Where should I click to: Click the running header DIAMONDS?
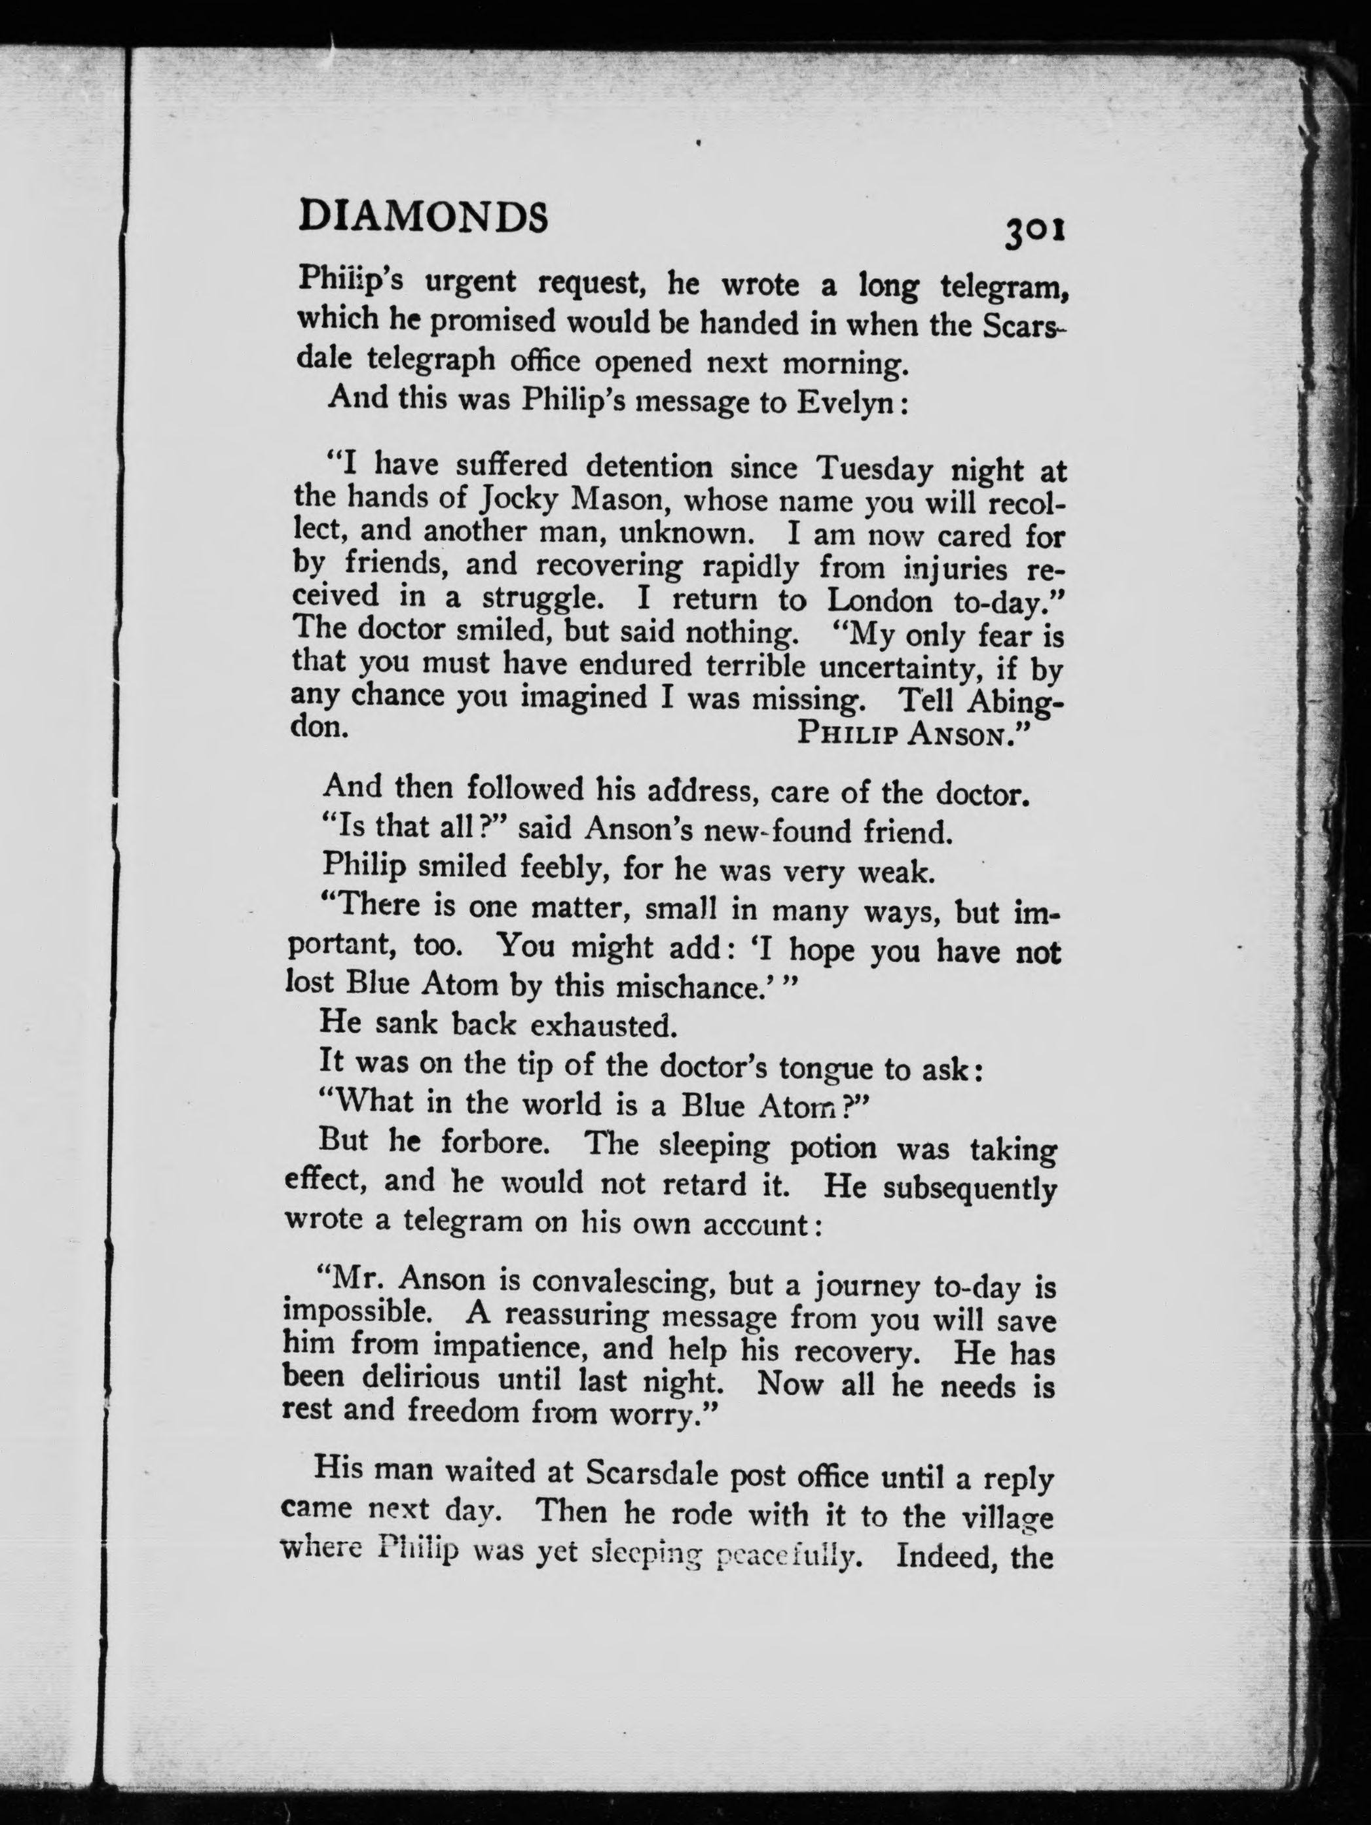pos(422,217)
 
